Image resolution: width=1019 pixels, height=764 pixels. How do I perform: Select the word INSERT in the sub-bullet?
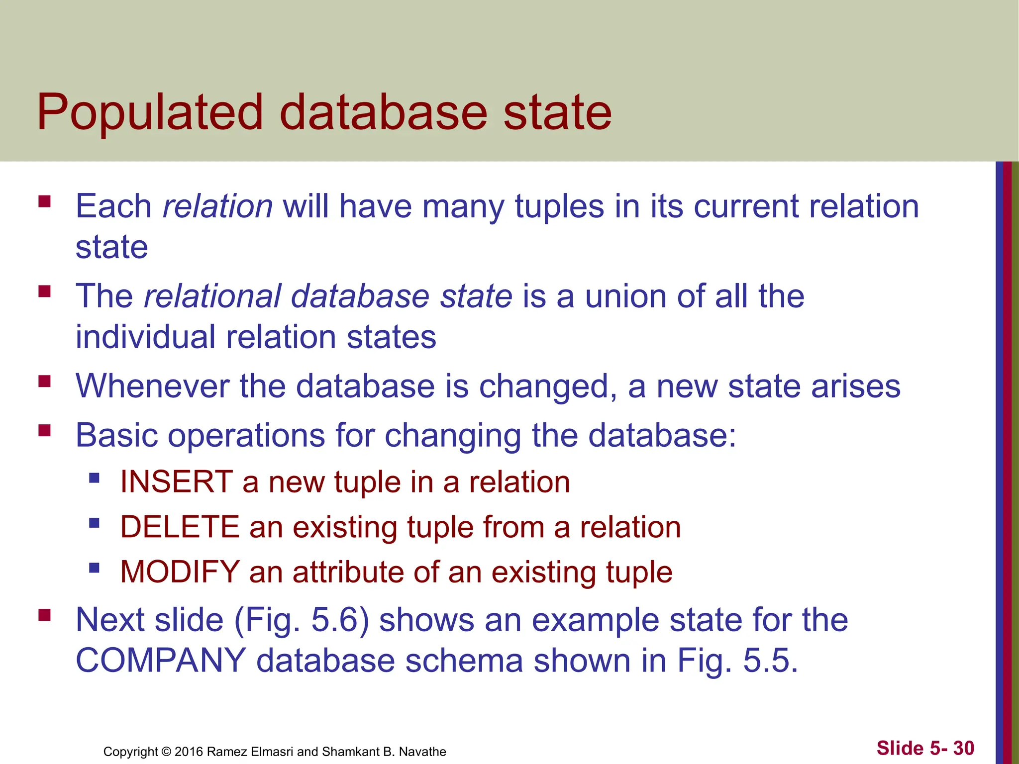176,482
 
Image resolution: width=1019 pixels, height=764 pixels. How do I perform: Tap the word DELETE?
180,527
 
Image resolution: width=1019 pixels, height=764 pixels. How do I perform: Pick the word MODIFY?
180,572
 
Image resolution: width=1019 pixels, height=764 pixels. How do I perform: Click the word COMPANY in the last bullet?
160,661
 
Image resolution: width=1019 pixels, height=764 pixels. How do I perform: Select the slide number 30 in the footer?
964,748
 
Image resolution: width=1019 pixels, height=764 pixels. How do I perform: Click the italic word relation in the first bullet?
217,206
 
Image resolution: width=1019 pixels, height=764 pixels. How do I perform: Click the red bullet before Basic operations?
45,430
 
